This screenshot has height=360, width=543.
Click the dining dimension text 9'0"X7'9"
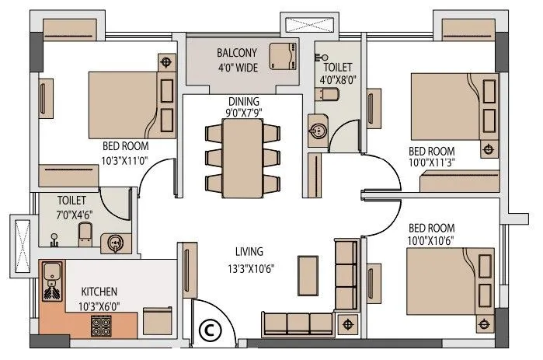(244, 113)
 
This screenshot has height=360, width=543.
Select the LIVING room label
(249, 251)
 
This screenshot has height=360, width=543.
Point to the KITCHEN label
(100, 292)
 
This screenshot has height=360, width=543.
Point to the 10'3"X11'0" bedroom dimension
(124, 161)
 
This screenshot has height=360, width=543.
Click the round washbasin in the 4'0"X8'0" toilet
(318, 129)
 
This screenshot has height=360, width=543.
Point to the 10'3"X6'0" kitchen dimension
(100, 306)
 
